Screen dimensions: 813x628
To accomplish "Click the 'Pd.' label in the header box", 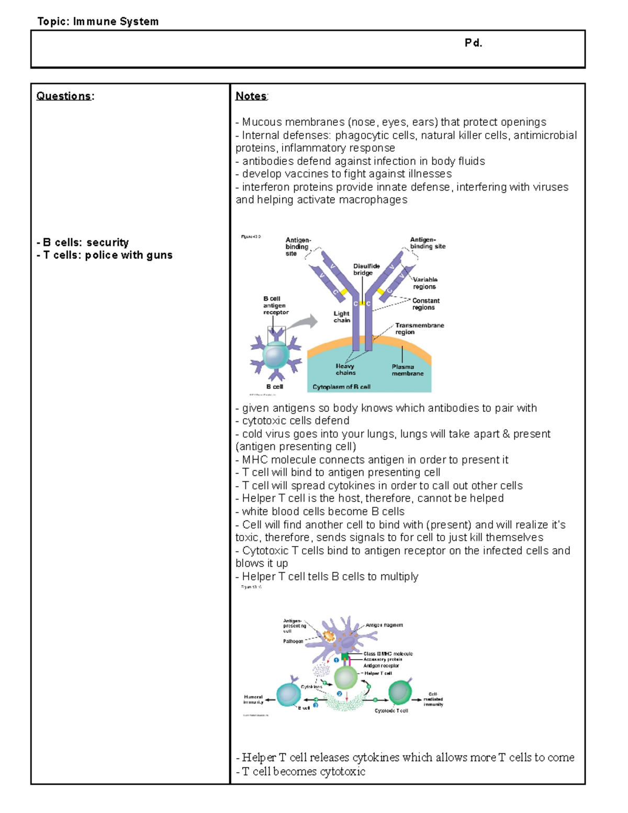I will pos(473,43).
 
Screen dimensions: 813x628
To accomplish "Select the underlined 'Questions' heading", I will pos(63,96).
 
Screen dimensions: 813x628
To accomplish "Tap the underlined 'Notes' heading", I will pos(251,96).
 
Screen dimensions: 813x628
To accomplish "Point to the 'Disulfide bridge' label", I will pos(366,269).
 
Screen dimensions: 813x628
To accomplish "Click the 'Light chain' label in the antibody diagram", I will pos(342,317).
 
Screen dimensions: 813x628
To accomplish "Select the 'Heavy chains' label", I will pos(345,369).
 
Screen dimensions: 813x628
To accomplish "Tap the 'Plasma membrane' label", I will pos(407,370).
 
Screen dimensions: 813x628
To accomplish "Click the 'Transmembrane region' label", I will pos(419,328).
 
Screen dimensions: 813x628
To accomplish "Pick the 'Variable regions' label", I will pos(425,283).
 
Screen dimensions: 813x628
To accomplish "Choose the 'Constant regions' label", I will pos(425,304).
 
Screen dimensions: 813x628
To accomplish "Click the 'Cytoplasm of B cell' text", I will pos(341,387).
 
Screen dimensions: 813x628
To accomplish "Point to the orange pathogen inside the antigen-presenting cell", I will pos(329,636).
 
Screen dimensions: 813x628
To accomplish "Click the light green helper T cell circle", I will pos(345,678).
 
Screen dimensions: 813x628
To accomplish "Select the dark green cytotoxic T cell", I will pos(400,692).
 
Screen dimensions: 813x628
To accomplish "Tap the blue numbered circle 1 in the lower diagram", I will pos(337,660).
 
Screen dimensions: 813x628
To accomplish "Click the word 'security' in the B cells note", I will pos(107,242).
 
